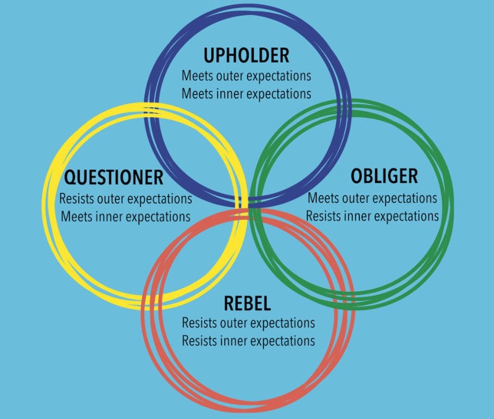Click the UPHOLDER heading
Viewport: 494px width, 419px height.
[x=246, y=55]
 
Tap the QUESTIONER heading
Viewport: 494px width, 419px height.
[x=113, y=177]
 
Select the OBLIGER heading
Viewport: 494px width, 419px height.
[x=384, y=176]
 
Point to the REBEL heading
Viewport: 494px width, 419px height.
[x=247, y=303]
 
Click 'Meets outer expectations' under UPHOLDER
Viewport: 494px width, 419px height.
[x=246, y=75]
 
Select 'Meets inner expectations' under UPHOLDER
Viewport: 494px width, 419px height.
[x=246, y=94]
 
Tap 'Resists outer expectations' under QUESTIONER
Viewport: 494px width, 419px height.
[x=125, y=198]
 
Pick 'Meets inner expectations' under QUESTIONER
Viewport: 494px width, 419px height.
[x=125, y=216]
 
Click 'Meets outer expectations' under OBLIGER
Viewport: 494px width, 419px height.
[x=372, y=197]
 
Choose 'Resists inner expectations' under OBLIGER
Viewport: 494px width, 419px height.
[x=372, y=216]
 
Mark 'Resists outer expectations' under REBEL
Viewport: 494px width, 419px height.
[x=248, y=323]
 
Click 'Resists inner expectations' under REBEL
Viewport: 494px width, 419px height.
[x=248, y=341]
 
